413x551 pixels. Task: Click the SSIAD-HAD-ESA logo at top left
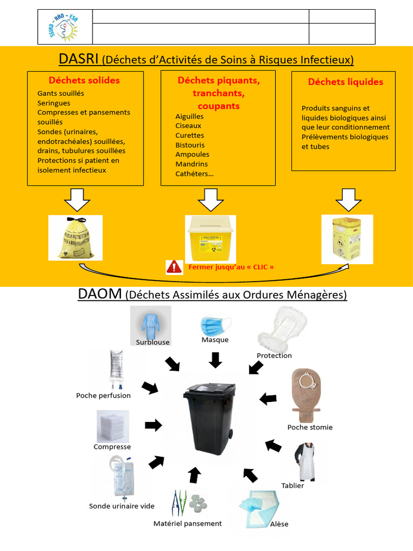pyautogui.click(x=66, y=27)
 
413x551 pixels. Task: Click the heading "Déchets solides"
pyautogui.click(x=84, y=81)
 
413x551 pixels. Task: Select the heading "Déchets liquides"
pyautogui.click(x=345, y=82)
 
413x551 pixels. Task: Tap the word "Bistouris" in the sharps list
pyautogui.click(x=190, y=145)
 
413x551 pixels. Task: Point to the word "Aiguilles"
pyautogui.click(x=189, y=116)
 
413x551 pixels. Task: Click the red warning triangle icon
pyautogui.click(x=174, y=266)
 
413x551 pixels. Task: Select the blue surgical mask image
pyautogui.click(x=215, y=326)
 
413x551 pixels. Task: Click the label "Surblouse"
pyautogui.click(x=153, y=342)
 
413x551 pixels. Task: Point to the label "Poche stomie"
pyautogui.click(x=310, y=427)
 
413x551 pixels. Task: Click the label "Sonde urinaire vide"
pyautogui.click(x=122, y=506)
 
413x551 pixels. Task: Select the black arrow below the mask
pyautogui.click(x=215, y=359)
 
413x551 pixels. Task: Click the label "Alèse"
pyautogui.click(x=279, y=524)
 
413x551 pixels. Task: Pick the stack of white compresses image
pyautogui.click(x=112, y=426)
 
